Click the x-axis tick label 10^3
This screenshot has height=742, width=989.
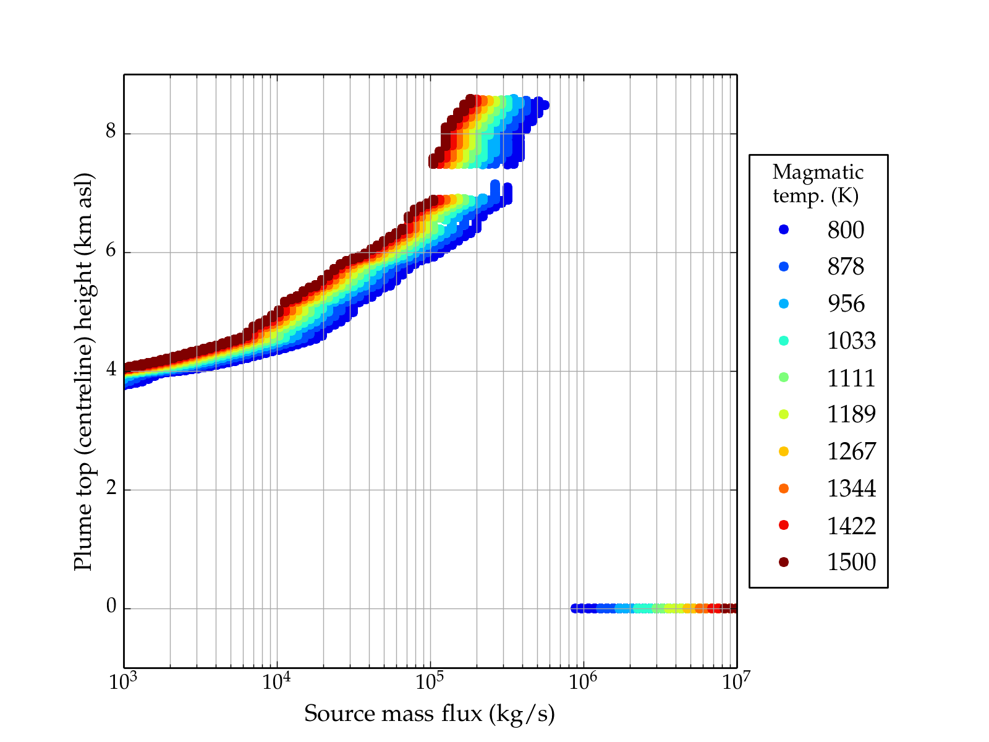pos(124,681)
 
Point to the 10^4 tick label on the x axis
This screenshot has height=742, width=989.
pos(276,681)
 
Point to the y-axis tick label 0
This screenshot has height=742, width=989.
pos(111,607)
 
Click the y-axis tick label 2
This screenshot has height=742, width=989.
pos(111,488)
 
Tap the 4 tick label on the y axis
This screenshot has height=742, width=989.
pos(111,370)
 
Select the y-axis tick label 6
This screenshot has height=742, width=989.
pos(111,251)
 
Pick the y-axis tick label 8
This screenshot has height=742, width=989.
pos(111,132)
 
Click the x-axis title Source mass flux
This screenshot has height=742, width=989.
pos(430,714)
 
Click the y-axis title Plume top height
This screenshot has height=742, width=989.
pos(83,371)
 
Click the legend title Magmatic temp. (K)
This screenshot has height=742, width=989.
pos(818,184)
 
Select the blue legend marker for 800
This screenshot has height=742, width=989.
pos(784,229)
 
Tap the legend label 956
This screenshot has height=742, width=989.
pos(846,304)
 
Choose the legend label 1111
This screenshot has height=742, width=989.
pos(851,378)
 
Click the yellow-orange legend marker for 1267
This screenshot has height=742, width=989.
pos(784,451)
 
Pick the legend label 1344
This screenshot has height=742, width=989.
pos(851,488)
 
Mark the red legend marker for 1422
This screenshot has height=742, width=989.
pos(784,525)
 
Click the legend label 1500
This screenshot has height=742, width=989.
pos(851,562)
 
